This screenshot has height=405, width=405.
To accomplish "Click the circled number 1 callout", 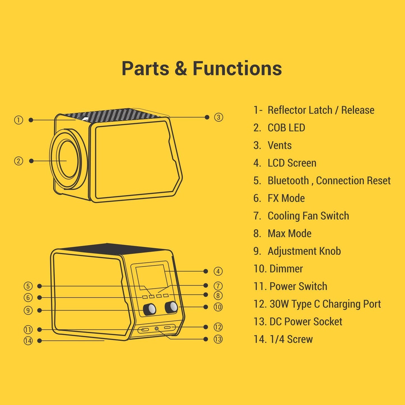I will click(x=18, y=120).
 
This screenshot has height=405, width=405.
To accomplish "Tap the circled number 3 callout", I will click(x=218, y=117).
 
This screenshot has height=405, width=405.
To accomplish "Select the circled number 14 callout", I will click(x=28, y=341).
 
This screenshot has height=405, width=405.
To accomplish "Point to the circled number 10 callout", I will click(x=218, y=307).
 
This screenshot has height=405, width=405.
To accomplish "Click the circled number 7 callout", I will click(x=218, y=286).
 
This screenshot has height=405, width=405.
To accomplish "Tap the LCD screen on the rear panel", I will click(x=151, y=276).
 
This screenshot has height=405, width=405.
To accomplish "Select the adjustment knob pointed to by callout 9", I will click(x=149, y=309).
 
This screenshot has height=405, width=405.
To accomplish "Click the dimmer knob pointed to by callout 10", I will click(x=171, y=307).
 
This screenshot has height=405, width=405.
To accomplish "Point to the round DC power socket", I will click(x=156, y=328).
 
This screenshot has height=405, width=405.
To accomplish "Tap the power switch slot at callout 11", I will click(x=144, y=330).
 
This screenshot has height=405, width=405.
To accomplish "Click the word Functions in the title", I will click(x=237, y=68).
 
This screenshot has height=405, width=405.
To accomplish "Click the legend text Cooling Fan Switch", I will click(x=308, y=216).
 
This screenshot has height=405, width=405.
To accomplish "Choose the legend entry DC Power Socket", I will click(x=306, y=322).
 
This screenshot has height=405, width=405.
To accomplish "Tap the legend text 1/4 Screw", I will click(x=291, y=339).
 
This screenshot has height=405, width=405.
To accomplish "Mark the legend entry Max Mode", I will click(x=290, y=233).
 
